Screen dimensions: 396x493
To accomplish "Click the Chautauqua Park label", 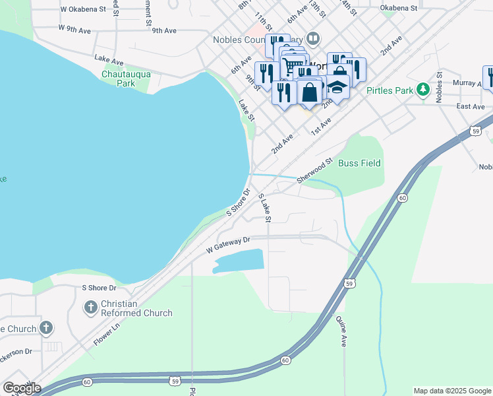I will (x=126, y=79).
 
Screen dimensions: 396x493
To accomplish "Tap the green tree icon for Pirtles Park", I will (x=422, y=90).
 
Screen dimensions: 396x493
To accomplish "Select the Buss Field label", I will (x=359, y=163).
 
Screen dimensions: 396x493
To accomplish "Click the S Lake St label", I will (x=266, y=207).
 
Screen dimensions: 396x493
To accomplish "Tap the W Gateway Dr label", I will (x=228, y=245).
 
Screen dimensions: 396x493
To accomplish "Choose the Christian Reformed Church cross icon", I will (x=91, y=308).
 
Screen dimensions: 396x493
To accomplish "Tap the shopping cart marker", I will (x=292, y=65).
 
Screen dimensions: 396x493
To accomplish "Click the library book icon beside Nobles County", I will (x=313, y=39).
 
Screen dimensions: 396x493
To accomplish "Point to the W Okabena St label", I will (x=82, y=9).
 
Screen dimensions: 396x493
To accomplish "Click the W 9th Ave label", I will (x=74, y=29).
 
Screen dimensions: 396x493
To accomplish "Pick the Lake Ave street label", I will (x=109, y=60).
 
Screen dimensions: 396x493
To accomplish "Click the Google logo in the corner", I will (x=22, y=387).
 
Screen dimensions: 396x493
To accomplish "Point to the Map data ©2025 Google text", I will (x=451, y=391).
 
